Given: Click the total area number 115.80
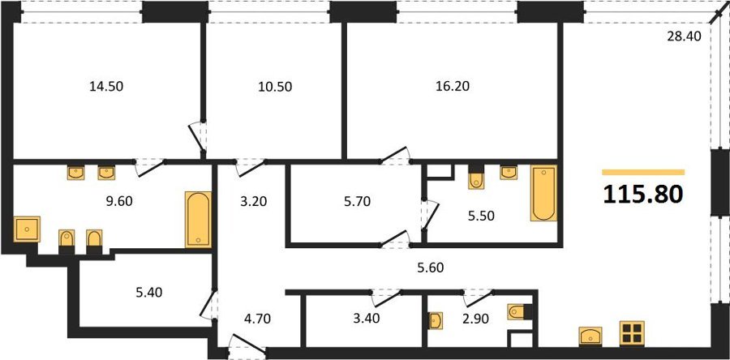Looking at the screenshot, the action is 643,195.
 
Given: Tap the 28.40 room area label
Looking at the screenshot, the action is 684,36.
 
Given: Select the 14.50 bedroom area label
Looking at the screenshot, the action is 106,86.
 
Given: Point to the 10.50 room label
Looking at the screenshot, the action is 275,86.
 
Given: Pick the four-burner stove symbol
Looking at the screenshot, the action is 632,333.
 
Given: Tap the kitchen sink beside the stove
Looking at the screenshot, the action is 590,336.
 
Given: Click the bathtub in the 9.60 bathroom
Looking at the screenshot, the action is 198,219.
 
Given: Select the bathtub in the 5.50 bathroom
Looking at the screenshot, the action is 543,193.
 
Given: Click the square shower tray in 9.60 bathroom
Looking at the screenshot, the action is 27,229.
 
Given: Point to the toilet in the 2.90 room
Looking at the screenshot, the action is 518,311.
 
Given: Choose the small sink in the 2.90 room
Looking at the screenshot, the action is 436,320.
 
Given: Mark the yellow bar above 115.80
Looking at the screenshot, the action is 643,172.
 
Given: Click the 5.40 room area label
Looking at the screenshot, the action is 149,293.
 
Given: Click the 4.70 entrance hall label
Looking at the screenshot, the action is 255,319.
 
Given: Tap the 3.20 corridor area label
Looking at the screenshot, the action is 254,203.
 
